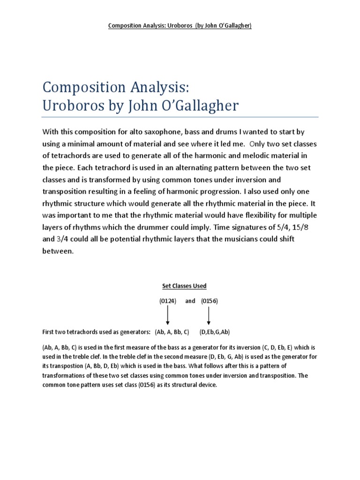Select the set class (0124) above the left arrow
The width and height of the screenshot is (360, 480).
[167, 301]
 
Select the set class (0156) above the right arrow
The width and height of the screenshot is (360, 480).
[209, 301]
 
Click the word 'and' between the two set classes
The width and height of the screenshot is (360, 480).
[190, 301]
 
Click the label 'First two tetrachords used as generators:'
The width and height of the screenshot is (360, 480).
[96, 332]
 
